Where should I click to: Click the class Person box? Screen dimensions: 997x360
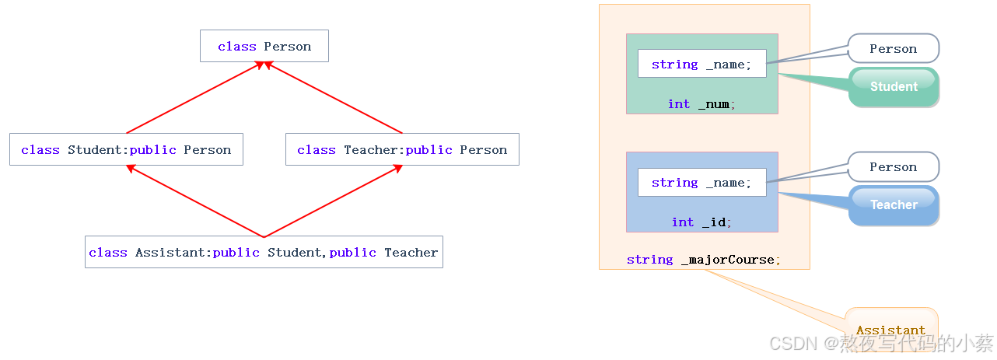pos(264,46)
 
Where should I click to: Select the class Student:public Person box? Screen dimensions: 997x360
pos(126,149)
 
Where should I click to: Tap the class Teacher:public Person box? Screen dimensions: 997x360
pos(402,149)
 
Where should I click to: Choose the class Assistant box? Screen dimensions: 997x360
pos(264,252)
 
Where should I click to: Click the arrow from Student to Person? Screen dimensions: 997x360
pos(194,98)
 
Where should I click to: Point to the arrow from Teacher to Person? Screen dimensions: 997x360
pos(334,98)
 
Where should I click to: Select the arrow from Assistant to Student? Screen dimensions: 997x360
pos(194,201)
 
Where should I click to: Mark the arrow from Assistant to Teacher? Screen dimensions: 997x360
pos(333,201)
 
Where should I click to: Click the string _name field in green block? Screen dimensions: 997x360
pos(701,64)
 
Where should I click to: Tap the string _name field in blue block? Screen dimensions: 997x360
pos(701,182)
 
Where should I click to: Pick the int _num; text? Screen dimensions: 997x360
pos(701,104)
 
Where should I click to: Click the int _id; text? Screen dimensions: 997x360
pos(701,222)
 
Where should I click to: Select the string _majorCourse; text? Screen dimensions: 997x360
pos(704,260)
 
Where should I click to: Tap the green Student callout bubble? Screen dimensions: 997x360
pos(894,86)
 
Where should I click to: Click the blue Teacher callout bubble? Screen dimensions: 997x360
pos(894,204)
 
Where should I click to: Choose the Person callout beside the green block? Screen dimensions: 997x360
pos(893,48)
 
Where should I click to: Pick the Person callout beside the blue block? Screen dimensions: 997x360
pos(893,166)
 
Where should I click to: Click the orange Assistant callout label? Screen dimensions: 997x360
pos(890,330)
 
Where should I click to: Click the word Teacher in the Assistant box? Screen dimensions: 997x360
pos(411,252)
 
